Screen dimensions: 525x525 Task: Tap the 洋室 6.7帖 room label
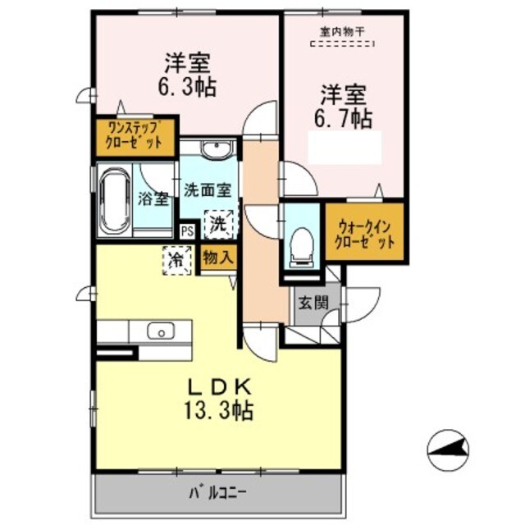point(343,107)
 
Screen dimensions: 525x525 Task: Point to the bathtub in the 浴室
point(115,202)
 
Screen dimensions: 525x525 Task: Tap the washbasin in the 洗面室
point(217,149)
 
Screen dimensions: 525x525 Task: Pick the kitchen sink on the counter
point(161,331)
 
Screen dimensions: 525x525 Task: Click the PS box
point(188,231)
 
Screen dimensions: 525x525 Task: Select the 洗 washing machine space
point(219,224)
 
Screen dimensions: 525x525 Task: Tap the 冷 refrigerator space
point(177,261)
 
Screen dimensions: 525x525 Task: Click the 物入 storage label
point(218,258)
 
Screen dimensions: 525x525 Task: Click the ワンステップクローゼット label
point(135,136)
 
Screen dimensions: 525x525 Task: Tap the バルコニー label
point(218,493)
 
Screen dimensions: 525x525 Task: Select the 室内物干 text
point(342,32)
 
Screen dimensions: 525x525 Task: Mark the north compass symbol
point(449,450)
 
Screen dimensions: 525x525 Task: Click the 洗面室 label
point(208,190)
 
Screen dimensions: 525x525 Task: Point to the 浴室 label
point(153,199)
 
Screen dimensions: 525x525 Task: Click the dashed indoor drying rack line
point(342,43)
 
